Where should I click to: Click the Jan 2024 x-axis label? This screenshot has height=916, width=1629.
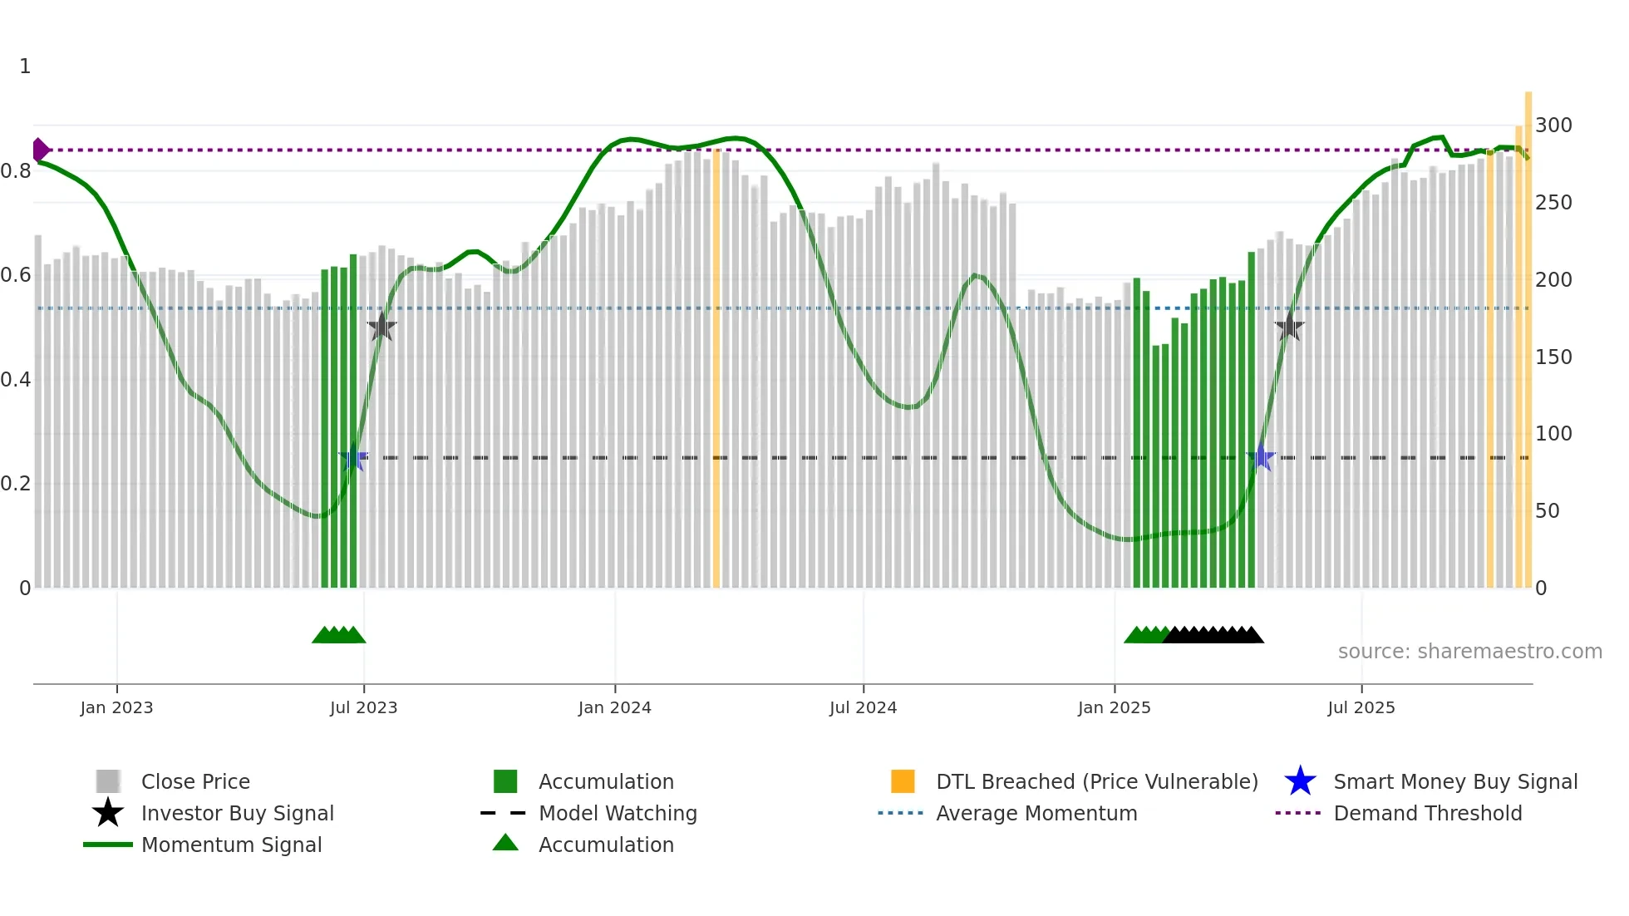tap(614, 707)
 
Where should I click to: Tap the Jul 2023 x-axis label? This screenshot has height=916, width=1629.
tap(363, 707)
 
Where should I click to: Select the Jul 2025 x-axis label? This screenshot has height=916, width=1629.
tap(1361, 707)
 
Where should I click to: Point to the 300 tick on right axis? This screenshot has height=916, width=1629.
tap(1553, 126)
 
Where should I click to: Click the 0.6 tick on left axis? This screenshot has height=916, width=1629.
tap(16, 275)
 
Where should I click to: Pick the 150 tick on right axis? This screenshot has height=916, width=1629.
tap(1553, 357)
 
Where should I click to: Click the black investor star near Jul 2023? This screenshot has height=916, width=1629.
tap(381, 327)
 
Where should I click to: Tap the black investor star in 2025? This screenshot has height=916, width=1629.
tap(1289, 327)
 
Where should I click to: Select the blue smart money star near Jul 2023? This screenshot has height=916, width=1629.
tap(353, 458)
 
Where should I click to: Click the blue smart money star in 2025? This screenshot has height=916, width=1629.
tap(1261, 458)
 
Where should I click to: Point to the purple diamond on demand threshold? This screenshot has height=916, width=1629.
tap(40, 150)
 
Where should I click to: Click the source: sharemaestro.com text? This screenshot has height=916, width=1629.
tap(1469, 652)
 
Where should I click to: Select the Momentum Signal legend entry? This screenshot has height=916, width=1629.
tap(231, 845)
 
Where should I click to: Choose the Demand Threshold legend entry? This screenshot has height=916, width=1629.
tap(1427, 814)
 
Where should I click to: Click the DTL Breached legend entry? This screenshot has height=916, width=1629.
tap(1096, 782)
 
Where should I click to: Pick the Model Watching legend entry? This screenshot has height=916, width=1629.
tap(618, 814)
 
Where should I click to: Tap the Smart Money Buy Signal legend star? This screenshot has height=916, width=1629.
tap(1300, 782)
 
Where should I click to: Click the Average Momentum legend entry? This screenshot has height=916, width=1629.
tap(1036, 814)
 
